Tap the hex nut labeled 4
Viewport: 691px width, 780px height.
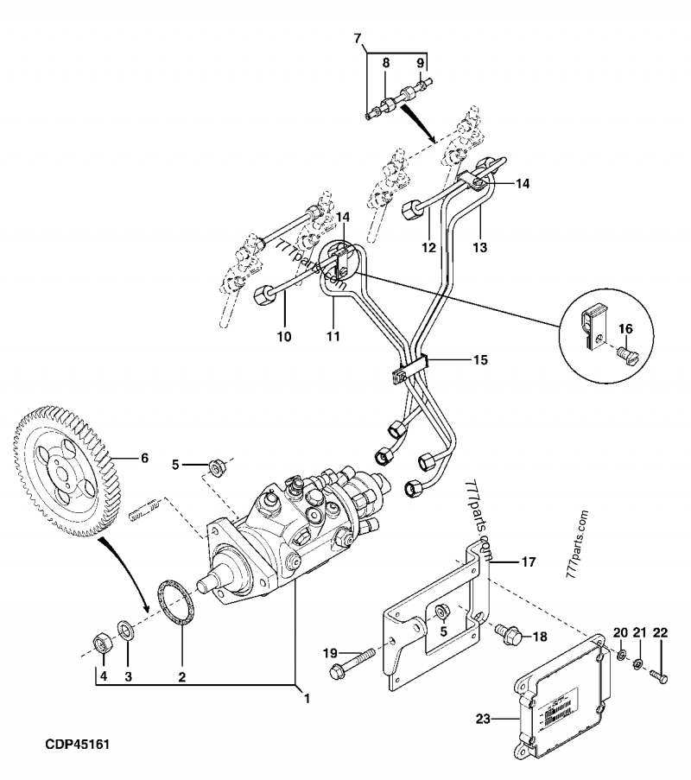(x=100, y=644)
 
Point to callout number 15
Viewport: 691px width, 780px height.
(x=479, y=358)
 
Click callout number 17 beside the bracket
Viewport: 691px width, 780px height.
(x=528, y=561)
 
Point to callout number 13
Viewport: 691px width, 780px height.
(x=480, y=247)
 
